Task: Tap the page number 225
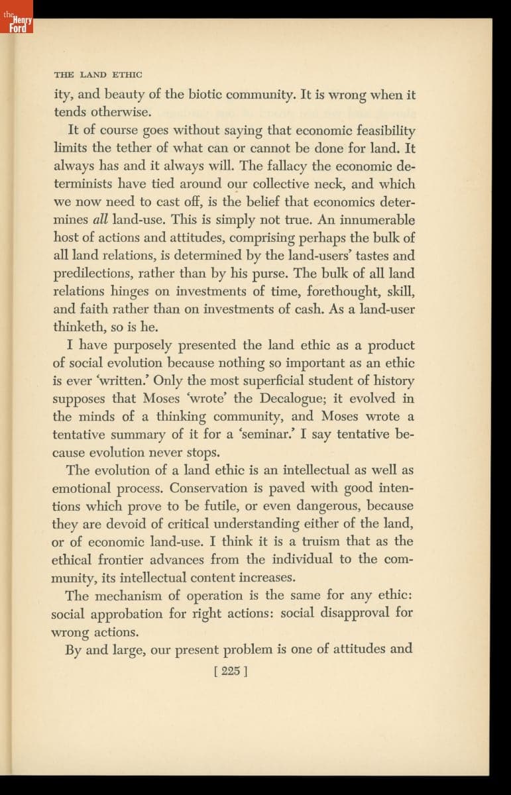231,670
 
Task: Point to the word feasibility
380,131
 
